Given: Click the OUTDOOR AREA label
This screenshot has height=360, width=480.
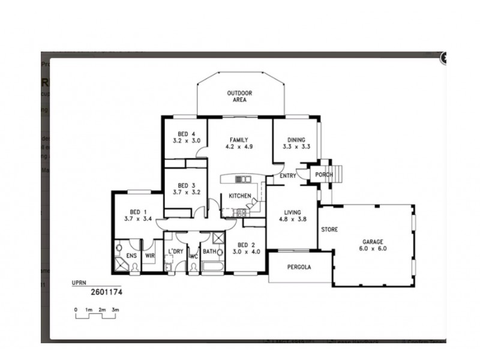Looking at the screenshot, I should [x=239, y=96].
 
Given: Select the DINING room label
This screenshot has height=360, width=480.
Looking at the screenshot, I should [x=296, y=143].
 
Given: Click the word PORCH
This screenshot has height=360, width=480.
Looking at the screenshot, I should [x=325, y=175].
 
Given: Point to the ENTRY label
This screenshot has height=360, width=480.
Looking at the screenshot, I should [x=287, y=175].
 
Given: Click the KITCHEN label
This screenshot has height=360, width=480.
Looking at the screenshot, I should [x=239, y=196].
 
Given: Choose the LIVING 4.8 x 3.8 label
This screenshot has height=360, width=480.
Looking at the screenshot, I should [x=292, y=215].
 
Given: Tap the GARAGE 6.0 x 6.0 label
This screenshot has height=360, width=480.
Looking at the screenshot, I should [x=373, y=244].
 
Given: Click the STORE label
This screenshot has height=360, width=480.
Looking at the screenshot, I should [x=329, y=230].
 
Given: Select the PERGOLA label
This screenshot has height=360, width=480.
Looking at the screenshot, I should [x=299, y=268].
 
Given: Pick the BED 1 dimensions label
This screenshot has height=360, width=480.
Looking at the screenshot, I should [x=137, y=219].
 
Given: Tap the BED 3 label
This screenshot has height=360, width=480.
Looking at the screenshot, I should [x=186, y=188].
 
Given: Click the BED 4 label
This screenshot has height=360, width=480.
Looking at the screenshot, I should [x=186, y=137].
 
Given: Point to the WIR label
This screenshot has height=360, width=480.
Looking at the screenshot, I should [x=150, y=256].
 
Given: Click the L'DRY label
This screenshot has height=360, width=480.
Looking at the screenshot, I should [x=175, y=251].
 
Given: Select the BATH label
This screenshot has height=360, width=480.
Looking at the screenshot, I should [x=209, y=251].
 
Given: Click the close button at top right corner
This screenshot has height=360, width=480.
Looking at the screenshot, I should [x=445, y=58].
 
